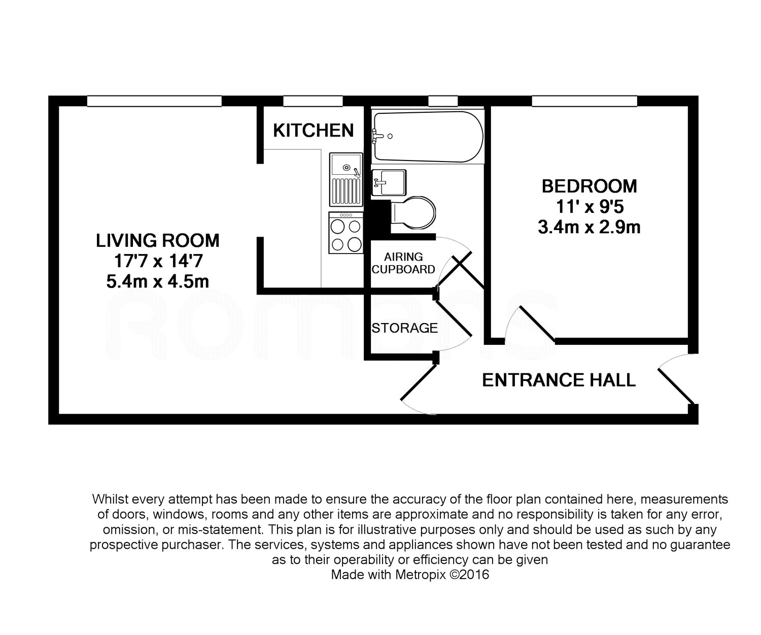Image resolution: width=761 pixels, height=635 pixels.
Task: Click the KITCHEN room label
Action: click(x=313, y=130)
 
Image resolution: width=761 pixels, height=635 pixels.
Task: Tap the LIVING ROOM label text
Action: click(x=157, y=240)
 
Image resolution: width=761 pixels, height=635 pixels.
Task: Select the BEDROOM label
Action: click(x=590, y=186)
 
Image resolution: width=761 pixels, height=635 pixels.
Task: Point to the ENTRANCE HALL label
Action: click(x=559, y=380)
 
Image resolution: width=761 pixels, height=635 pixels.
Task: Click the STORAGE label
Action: click(x=404, y=328)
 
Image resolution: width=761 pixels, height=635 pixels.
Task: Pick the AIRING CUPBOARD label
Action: click(x=403, y=263)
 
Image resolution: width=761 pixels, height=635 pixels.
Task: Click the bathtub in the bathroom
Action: click(x=428, y=137)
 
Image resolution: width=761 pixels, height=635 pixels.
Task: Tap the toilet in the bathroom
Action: click(x=413, y=213)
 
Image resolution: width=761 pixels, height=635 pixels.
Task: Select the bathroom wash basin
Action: click(x=389, y=182)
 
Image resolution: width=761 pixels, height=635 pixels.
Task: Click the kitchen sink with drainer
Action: click(x=346, y=179)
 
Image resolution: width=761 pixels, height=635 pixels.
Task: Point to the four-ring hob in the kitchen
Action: click(x=346, y=233)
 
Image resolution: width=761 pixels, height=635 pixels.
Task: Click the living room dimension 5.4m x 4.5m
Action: click(x=157, y=282)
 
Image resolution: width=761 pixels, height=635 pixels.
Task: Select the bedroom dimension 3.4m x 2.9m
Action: click(x=590, y=227)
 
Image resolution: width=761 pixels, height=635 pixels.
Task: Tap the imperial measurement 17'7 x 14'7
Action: click(x=158, y=261)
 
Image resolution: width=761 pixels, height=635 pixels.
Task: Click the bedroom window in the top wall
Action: click(x=584, y=101)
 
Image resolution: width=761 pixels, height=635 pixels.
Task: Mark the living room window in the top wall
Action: click(x=155, y=101)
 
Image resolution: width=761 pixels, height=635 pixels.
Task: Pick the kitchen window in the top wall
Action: click(x=313, y=101)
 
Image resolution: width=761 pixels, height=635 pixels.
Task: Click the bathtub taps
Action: click(x=378, y=136)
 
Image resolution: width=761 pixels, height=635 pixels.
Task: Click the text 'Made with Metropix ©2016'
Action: click(x=410, y=575)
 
